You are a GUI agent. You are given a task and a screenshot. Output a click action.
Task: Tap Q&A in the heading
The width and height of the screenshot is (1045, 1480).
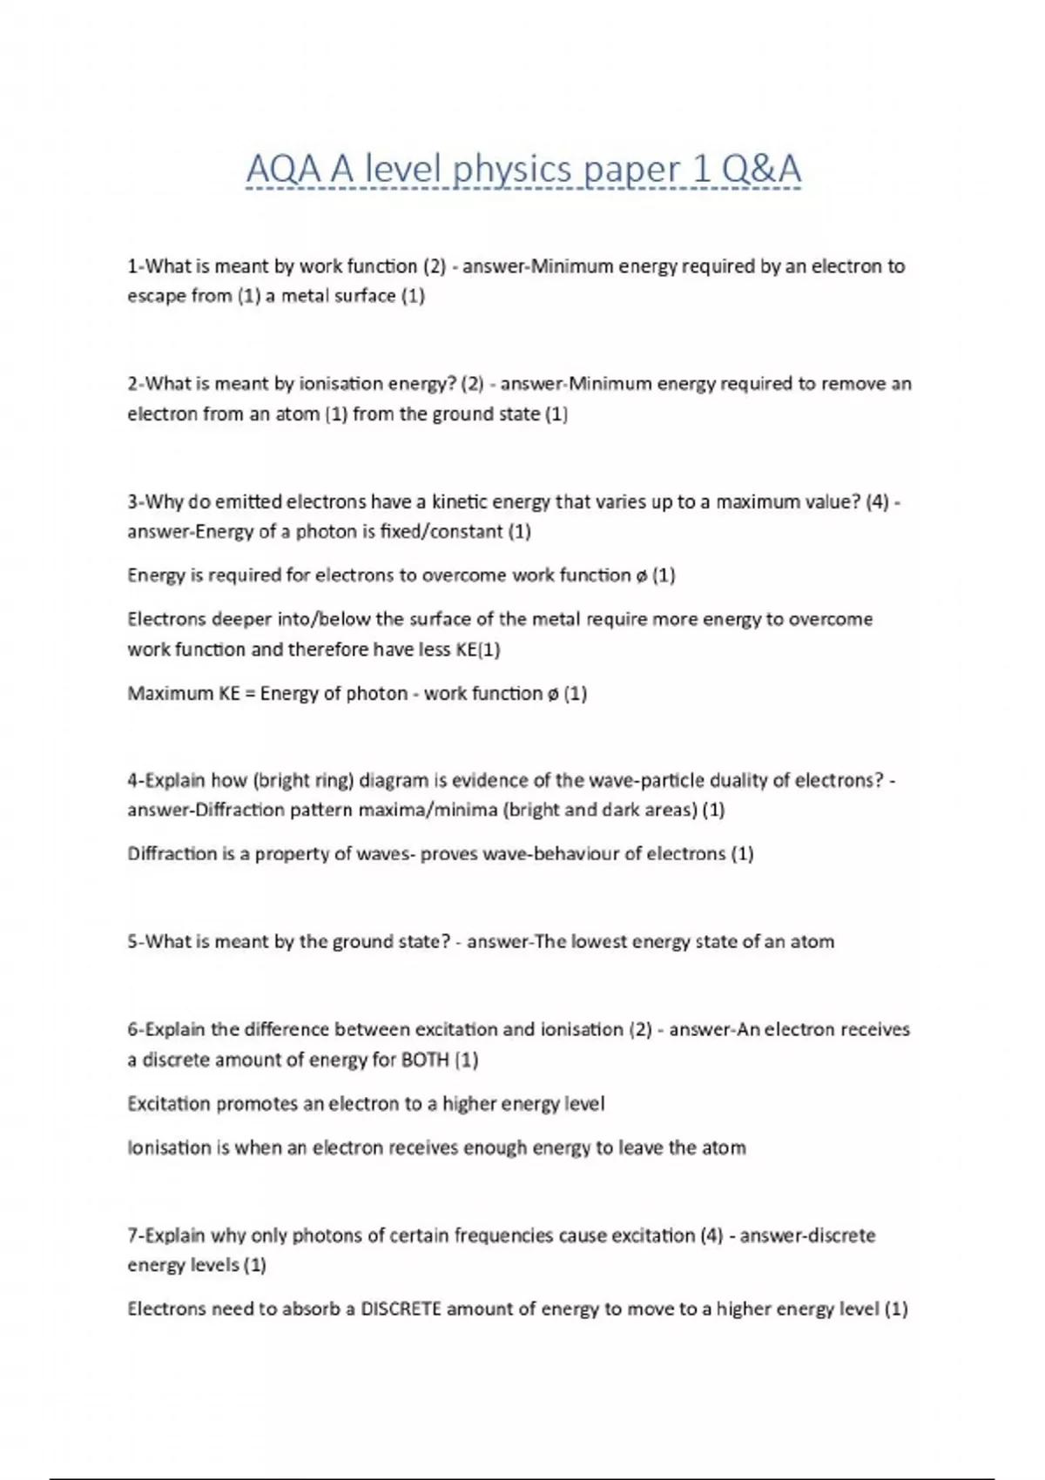(760, 170)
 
